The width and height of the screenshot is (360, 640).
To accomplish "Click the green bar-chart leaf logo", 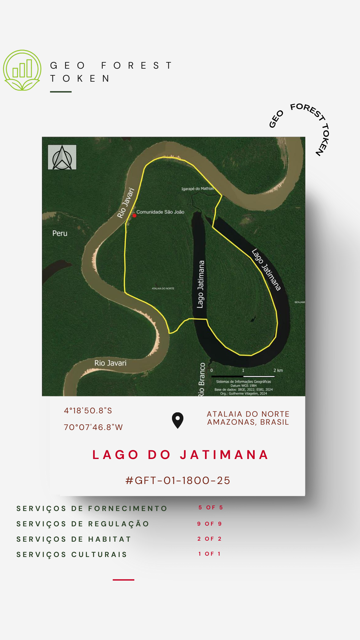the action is click(x=22, y=70).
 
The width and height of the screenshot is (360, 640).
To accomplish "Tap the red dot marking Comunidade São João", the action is click(x=134, y=216).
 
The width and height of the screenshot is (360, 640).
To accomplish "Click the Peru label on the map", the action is click(x=60, y=233).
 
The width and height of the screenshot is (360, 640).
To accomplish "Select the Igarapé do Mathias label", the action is click(x=197, y=189).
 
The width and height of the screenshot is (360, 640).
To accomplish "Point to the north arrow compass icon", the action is click(x=62, y=157).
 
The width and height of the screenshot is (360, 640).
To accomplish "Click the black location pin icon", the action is click(x=178, y=420).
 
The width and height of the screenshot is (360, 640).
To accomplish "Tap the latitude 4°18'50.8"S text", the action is click(x=88, y=411).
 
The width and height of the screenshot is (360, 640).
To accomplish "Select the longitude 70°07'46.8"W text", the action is click(x=93, y=427).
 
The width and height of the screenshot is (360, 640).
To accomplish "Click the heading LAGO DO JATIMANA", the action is click(x=180, y=455).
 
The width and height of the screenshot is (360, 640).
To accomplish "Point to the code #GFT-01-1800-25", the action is click(x=178, y=480).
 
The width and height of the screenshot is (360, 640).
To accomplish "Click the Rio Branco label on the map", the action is click(x=201, y=379).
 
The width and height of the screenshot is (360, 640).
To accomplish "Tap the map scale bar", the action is click(x=243, y=376).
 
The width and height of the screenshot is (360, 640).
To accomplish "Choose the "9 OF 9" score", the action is click(x=209, y=524).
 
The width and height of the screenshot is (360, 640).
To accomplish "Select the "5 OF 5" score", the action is click(x=210, y=507).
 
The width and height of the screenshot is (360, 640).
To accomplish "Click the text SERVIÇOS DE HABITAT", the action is click(x=74, y=539).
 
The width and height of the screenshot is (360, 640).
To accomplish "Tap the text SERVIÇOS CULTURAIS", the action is click(x=72, y=554).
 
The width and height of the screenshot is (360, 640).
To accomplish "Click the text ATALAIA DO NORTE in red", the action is click(x=248, y=414).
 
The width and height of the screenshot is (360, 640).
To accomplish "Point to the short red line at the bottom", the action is click(x=123, y=580).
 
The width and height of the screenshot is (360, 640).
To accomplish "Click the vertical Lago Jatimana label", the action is click(x=200, y=284).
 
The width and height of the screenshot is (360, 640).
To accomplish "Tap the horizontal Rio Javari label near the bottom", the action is click(x=110, y=363).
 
